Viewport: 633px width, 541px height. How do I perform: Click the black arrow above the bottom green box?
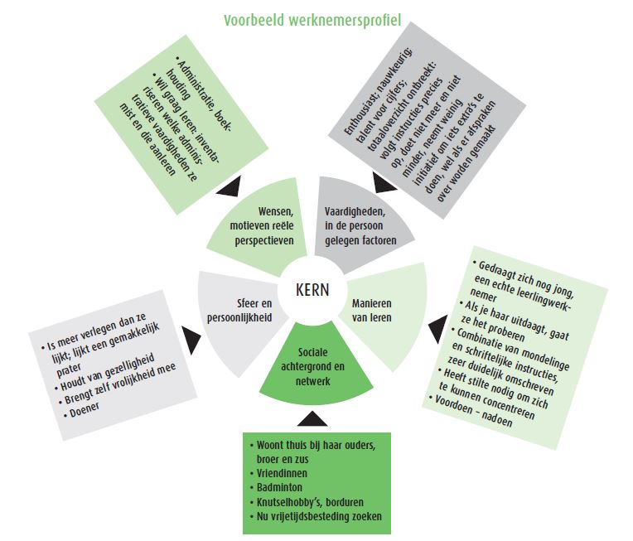point(314,417)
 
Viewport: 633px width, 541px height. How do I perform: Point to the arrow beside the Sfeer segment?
point(190,336)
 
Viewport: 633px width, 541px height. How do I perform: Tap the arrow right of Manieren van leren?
point(435,332)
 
